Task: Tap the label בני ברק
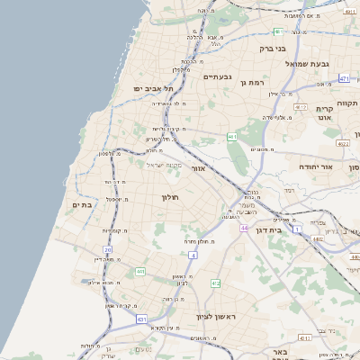click(271, 49)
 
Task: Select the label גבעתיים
click(217, 76)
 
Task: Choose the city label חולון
click(171, 197)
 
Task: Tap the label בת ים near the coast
click(82, 205)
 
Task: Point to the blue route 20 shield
click(108, 250)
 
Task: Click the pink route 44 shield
click(244, 229)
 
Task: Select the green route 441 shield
click(140, 271)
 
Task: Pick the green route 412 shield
click(216, 283)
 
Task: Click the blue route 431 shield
click(141, 319)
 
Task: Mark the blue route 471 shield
click(344, 79)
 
